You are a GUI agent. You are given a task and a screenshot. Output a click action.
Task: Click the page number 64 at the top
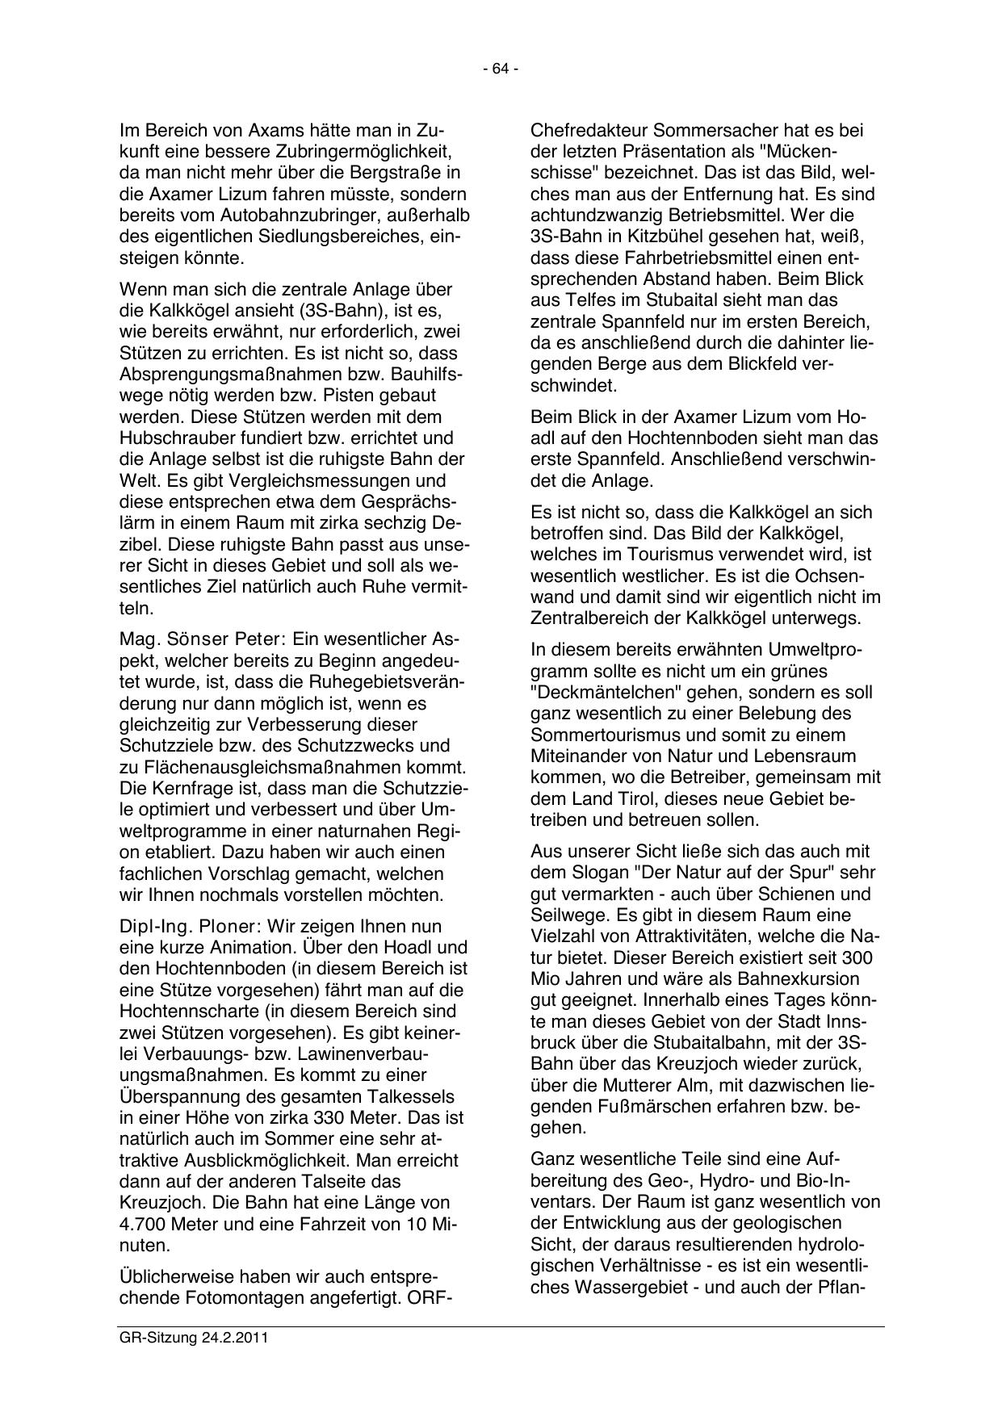[x=501, y=69]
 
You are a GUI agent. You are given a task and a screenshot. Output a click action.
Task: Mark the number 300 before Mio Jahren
[x=857, y=958]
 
